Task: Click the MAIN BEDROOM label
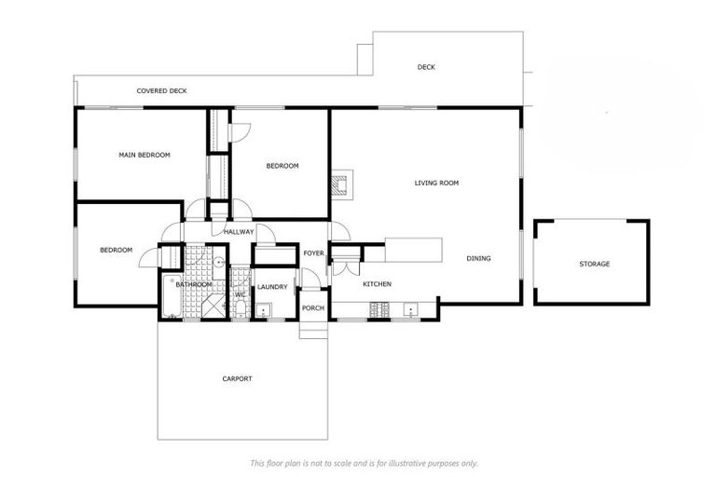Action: coord(145,155)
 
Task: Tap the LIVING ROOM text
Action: coord(436,184)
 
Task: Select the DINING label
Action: coord(478,259)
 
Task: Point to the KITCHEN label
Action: coord(377,284)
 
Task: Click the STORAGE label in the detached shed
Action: coord(594,265)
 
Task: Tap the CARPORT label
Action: coord(237,378)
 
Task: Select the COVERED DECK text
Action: coord(161,91)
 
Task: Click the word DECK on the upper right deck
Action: coord(426,67)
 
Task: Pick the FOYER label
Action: coord(313,253)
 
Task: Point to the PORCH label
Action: coord(313,308)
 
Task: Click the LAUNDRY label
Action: coord(273,288)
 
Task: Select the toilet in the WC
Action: coord(240,307)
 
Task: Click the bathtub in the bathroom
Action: coord(172,297)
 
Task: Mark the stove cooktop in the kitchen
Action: coord(380,308)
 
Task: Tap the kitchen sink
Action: coord(410,308)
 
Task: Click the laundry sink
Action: coord(264,311)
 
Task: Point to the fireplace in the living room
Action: coord(344,184)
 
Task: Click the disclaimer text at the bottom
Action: coord(364,463)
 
